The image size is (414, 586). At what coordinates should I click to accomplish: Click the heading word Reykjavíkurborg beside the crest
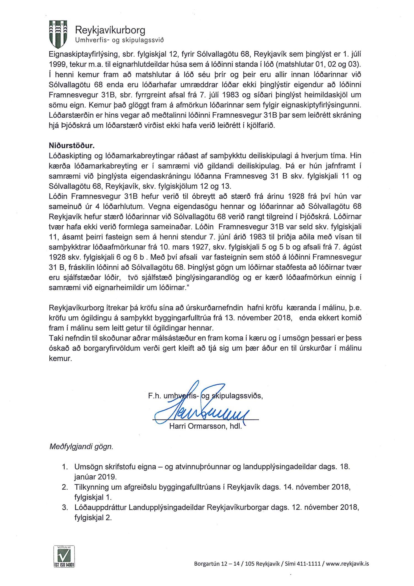click(x=110, y=30)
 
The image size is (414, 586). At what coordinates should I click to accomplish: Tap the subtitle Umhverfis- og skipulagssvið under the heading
click(x=120, y=40)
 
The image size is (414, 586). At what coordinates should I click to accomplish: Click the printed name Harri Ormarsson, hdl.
click(x=205, y=426)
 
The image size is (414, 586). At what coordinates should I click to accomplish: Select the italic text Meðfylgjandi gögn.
click(x=81, y=447)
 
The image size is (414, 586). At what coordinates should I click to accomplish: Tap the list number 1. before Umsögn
click(x=65, y=467)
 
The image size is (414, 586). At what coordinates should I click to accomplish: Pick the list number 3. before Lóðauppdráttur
click(x=65, y=507)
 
